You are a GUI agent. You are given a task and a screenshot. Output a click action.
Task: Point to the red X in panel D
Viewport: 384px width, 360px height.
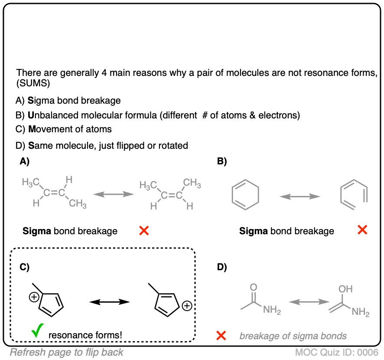(x=221, y=335)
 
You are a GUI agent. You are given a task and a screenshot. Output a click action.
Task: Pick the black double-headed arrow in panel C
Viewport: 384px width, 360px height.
(x=109, y=301)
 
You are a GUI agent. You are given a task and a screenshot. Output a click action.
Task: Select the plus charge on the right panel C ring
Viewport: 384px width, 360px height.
(x=187, y=306)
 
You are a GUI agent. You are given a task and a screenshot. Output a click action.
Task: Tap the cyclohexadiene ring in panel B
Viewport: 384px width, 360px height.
(x=246, y=196)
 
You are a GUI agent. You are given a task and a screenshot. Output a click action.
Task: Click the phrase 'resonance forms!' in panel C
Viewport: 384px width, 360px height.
(x=85, y=335)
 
